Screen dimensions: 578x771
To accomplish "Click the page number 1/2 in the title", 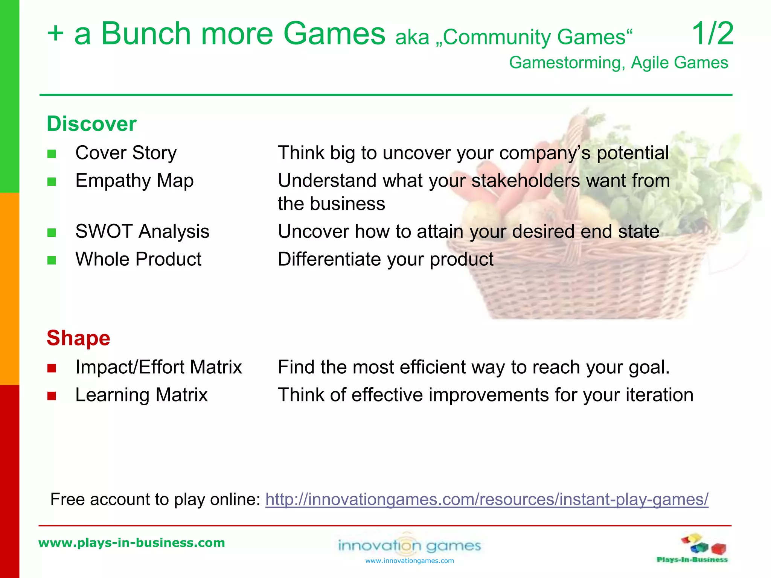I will pos(713,34).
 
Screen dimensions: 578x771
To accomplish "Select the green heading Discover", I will pos(91,124).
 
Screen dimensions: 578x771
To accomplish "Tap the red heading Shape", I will pos(78,338).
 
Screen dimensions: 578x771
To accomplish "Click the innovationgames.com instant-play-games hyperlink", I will pos(486,499).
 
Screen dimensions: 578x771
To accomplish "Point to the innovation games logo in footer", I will pos(410,545).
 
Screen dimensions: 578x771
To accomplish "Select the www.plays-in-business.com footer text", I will pos(131,543).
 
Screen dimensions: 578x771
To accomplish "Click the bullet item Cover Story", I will pos(126,153).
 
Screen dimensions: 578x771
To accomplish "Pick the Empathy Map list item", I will pos(134,181).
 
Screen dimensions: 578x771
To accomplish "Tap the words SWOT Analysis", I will pos(142,231).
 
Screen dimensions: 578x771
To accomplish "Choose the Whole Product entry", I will pos(138,259).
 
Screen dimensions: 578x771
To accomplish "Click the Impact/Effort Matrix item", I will pos(158,367).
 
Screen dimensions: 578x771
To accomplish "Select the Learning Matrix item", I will pos(141,395).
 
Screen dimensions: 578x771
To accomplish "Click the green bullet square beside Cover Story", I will pos(52,154).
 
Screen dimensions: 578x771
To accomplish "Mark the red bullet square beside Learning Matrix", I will pos(52,396).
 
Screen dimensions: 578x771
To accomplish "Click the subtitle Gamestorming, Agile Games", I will pos(618,62).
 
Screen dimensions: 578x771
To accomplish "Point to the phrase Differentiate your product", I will pos(385,259).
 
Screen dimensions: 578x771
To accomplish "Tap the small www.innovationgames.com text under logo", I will pos(410,561).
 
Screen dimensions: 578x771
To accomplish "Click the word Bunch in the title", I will pos(146,34).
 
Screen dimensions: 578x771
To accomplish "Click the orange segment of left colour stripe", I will pos(9,289).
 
